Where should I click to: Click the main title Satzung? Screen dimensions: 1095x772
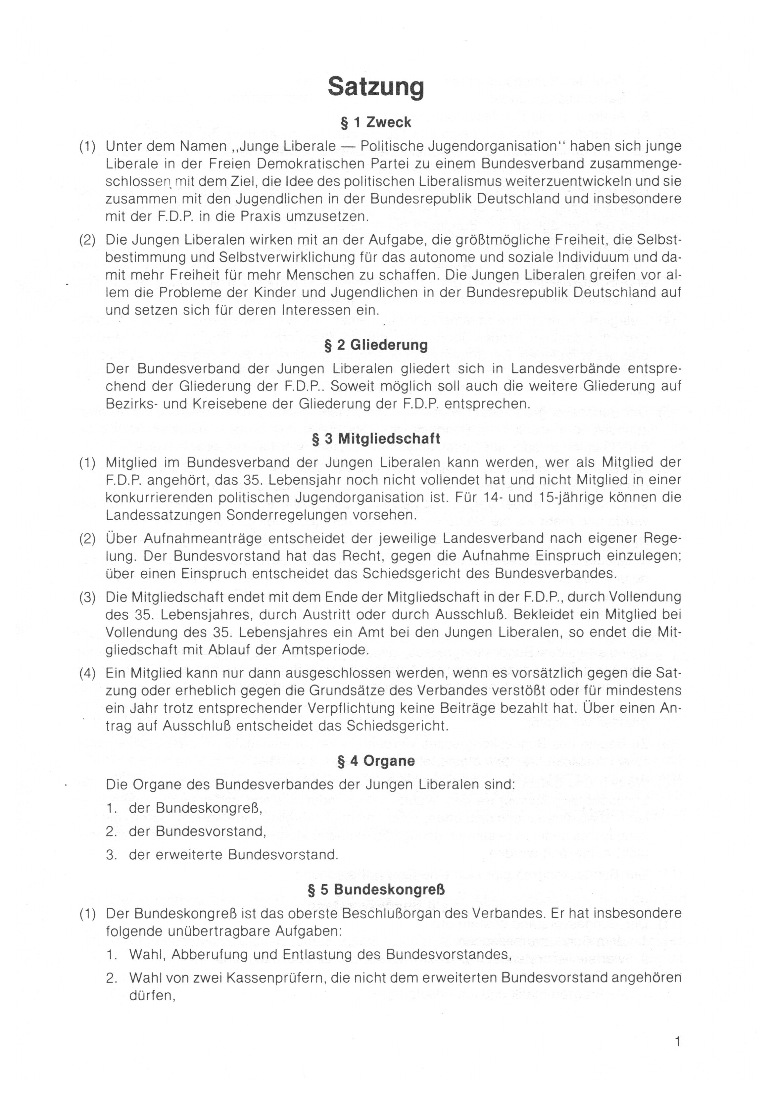point(376,87)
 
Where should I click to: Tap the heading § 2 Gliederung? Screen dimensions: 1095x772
point(376,345)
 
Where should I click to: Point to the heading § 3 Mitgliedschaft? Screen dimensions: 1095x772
point(376,438)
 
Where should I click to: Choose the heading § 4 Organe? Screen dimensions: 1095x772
point(376,761)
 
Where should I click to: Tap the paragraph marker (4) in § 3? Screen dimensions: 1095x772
point(87,673)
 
